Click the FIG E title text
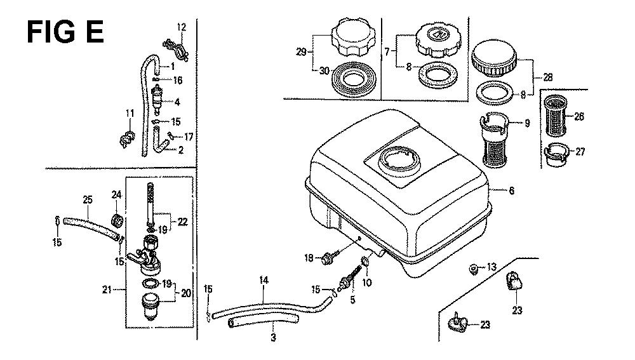(x=65, y=32)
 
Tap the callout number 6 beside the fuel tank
(x=511, y=190)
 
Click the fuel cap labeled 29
(x=352, y=40)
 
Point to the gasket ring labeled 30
(x=355, y=79)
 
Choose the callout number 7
(x=387, y=52)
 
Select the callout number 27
(x=580, y=152)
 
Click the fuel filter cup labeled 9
(x=495, y=140)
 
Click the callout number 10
(x=366, y=282)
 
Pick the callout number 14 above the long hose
(x=264, y=280)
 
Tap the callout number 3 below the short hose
(x=273, y=337)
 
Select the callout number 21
(x=107, y=290)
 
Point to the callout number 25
(x=88, y=199)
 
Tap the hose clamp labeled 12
(x=176, y=49)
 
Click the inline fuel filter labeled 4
(x=157, y=100)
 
